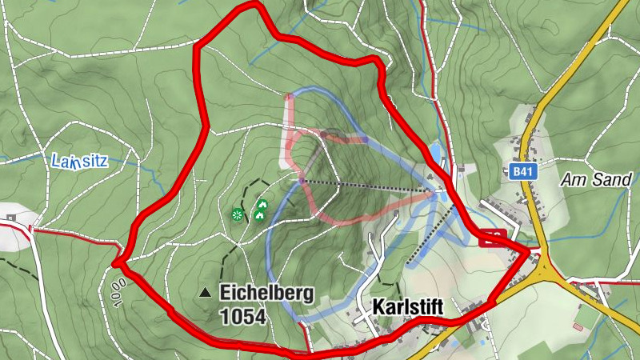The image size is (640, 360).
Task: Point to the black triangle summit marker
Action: (206, 293)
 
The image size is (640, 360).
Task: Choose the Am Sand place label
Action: (596, 179)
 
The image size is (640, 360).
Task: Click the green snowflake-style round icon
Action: (237, 214)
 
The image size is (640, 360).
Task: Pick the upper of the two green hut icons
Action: (262, 204)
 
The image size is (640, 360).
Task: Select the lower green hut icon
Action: (259, 214)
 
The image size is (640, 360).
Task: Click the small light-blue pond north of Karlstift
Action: (435, 152)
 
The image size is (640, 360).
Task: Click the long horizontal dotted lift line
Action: (364, 186)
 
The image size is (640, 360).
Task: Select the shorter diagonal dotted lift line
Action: (432, 235)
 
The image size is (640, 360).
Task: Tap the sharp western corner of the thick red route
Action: (117, 262)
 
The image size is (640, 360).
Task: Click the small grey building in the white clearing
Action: (11, 217)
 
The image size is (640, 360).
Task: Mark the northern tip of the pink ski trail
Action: (289, 96)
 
